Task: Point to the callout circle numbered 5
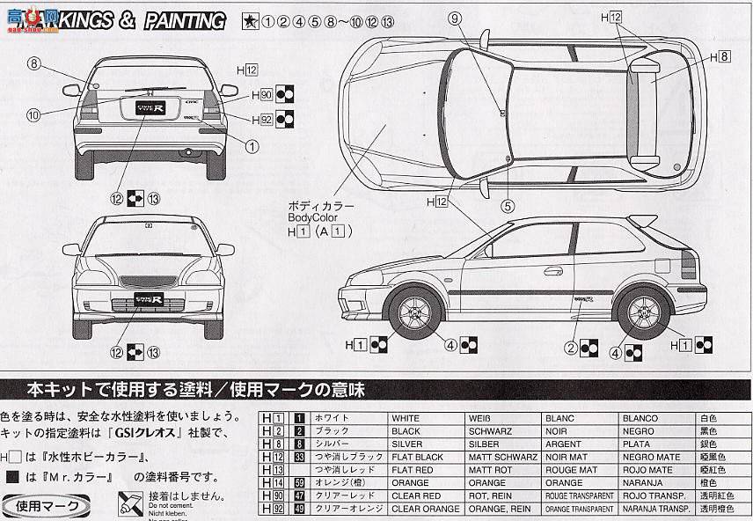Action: coord(507,208)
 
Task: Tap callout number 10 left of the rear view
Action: coord(33,114)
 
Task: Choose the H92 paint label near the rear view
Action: coord(260,119)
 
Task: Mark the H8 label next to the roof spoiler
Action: coord(719,57)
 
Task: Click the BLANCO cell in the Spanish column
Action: coord(640,419)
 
